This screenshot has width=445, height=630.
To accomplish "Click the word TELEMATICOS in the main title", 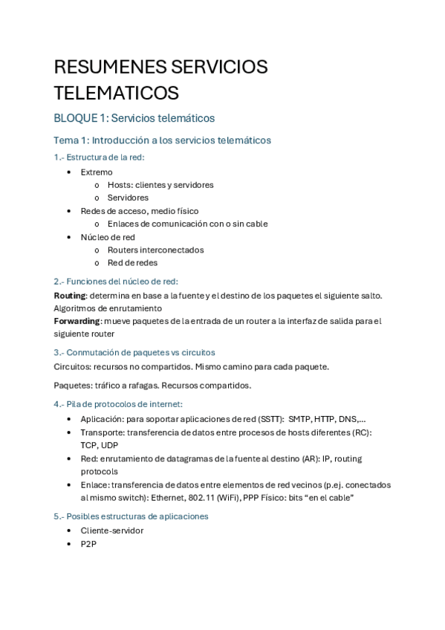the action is point(116,93).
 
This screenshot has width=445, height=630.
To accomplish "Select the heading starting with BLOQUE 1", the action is point(134,118).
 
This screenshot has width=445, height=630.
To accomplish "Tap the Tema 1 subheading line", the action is point(162,140).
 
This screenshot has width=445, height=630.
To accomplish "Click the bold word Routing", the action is point(70,295).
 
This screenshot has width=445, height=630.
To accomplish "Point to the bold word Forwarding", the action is point(77,321).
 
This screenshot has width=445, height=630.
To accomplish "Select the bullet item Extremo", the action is point(97,172).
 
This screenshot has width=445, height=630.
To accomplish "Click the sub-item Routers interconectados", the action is point(155,250).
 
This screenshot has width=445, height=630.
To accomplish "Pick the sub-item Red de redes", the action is point(132,262).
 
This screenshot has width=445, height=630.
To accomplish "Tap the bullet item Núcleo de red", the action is point(108,237).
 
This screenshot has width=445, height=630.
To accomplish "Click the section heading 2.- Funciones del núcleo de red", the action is point(116,281).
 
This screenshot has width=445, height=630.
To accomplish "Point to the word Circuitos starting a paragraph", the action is point(72,366).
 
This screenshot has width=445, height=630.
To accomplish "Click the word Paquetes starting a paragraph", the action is point(73,385).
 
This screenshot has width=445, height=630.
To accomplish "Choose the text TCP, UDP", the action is point(99,445).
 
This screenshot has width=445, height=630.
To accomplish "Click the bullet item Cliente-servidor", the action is point(111,530).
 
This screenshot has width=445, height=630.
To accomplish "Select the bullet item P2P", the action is point(88,544).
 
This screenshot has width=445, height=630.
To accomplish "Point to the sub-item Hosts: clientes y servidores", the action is point(160,184).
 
